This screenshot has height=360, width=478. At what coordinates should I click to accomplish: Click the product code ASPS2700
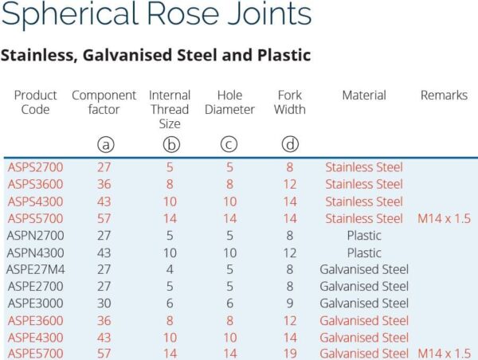[x=35, y=167]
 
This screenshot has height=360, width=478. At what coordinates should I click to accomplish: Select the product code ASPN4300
[x=35, y=252]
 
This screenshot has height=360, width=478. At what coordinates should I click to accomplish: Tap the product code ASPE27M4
[x=35, y=269]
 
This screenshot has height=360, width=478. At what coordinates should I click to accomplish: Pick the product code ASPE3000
[x=35, y=303]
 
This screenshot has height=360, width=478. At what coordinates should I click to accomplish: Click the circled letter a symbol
[x=104, y=144]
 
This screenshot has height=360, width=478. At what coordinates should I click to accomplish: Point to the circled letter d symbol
[x=289, y=144]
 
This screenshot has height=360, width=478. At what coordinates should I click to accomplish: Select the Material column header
[x=364, y=96]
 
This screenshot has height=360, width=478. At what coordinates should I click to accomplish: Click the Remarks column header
[x=444, y=96]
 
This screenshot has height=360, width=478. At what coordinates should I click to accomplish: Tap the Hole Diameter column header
[x=229, y=103]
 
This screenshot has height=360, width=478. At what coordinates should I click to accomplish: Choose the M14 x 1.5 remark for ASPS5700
[x=444, y=218]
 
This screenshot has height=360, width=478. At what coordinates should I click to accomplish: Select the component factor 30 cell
[x=104, y=303]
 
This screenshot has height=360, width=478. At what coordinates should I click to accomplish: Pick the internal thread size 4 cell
[x=169, y=269]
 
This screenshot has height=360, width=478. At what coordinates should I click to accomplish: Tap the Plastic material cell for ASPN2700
[x=364, y=236]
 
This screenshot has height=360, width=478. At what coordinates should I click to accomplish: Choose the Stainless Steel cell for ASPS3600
[x=364, y=184]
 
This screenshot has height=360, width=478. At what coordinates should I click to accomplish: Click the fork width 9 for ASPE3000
[x=289, y=303]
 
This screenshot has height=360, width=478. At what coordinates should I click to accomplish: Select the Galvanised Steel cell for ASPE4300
[x=364, y=337]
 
